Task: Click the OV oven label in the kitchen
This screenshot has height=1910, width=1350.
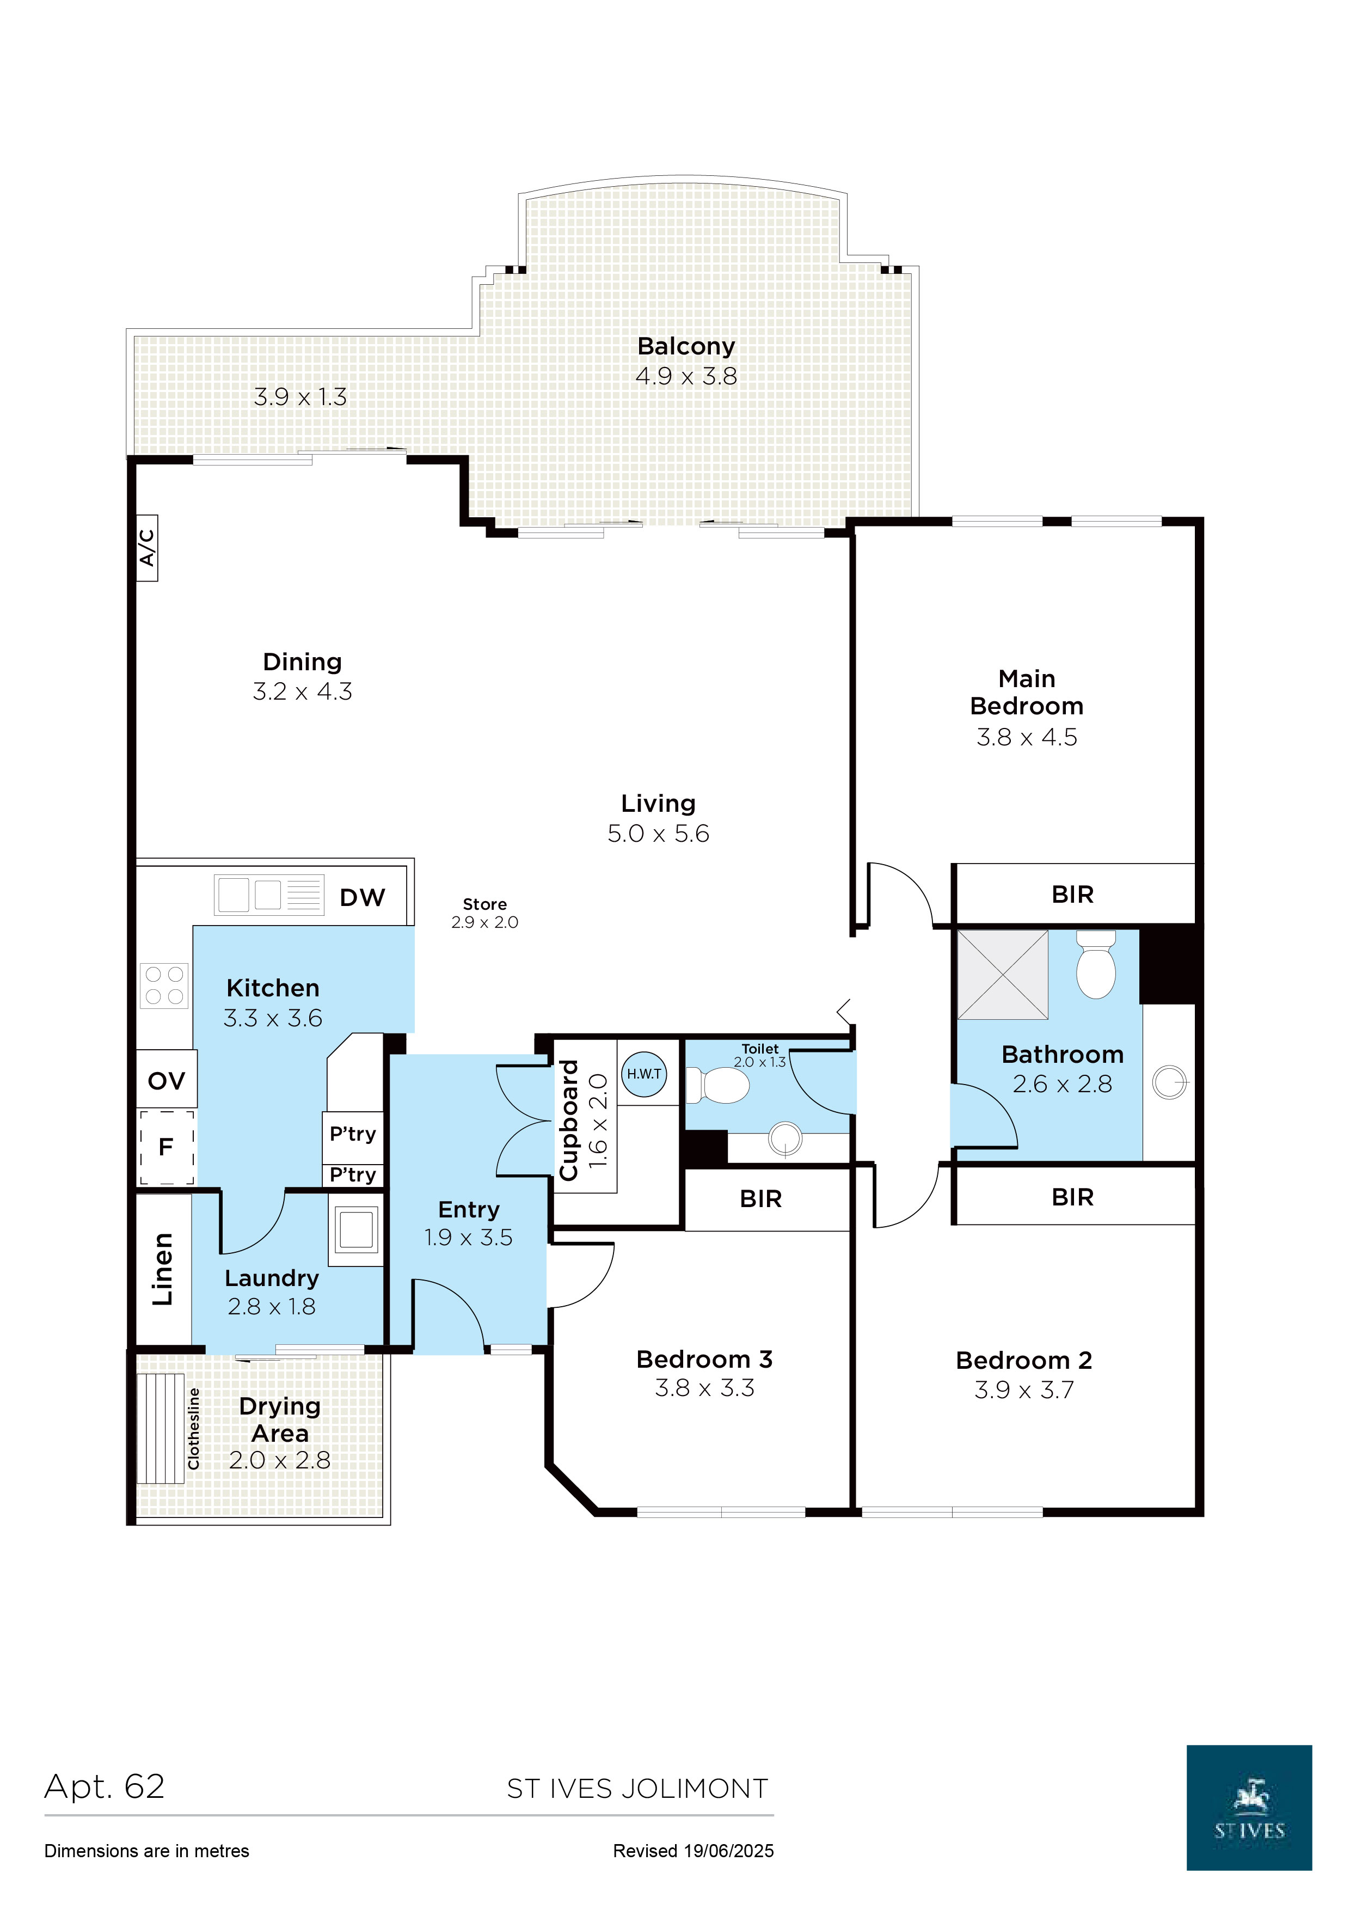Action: [167, 1081]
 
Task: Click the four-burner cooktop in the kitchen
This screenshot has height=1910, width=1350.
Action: [164, 986]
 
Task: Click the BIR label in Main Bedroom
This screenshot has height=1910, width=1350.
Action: [1072, 895]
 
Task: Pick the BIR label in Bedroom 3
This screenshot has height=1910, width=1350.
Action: [760, 1199]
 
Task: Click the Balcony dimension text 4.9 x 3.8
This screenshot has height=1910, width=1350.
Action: [686, 376]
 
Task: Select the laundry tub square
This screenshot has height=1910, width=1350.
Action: [356, 1231]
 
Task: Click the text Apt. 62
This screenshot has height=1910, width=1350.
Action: [105, 1787]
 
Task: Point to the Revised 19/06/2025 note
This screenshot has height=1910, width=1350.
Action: [693, 1851]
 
